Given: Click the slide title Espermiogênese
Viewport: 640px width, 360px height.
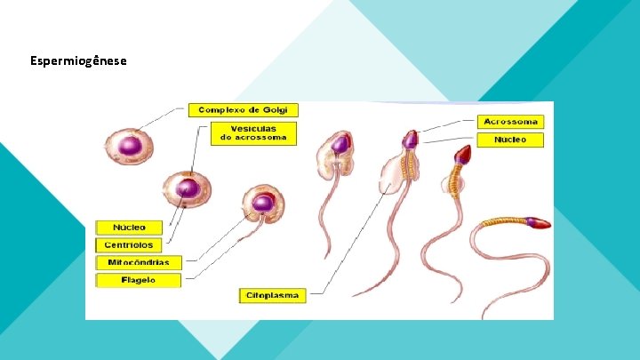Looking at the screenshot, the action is click(x=78, y=61).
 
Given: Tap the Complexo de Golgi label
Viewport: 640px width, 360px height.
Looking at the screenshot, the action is click(x=243, y=110).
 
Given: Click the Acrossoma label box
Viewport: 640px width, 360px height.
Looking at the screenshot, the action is click(x=510, y=121).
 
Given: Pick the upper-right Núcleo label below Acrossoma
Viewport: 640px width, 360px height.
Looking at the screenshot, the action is click(x=510, y=140).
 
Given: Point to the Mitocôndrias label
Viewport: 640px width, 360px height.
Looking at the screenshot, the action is click(x=139, y=262).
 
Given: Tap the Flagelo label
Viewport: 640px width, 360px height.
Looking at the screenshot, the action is click(x=138, y=280).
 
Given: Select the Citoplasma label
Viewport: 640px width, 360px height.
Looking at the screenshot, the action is click(x=273, y=294).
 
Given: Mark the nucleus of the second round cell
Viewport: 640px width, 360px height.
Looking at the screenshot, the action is click(x=187, y=188).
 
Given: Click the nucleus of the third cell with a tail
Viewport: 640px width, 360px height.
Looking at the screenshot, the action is click(x=262, y=204).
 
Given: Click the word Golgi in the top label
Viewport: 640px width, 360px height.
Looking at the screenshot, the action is click(x=276, y=110).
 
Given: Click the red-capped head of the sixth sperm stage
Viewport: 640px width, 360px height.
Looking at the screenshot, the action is click(x=463, y=156).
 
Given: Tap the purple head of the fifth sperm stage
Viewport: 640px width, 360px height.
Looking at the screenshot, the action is click(x=410, y=139).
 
